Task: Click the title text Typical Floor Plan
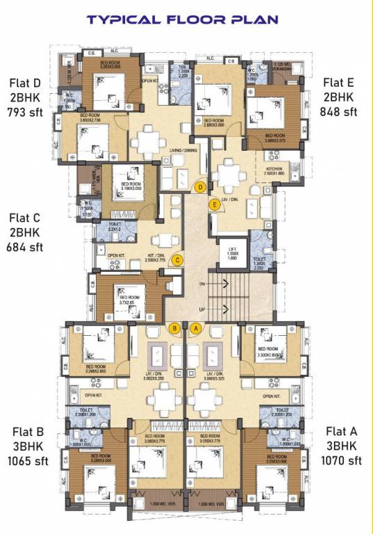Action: [x=186, y=19]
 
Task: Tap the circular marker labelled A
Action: [x=197, y=327]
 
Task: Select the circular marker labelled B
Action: [x=175, y=327]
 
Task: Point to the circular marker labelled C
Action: [x=178, y=261]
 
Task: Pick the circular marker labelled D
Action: [x=200, y=187]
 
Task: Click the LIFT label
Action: [x=233, y=248]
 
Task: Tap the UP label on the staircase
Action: [x=203, y=308]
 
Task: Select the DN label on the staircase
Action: [x=203, y=284]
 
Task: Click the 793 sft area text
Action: [x=24, y=111]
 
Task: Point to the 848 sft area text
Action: [x=339, y=111]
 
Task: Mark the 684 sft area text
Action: [x=24, y=246]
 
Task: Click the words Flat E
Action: [x=339, y=82]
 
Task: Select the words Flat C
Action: [x=25, y=217]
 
